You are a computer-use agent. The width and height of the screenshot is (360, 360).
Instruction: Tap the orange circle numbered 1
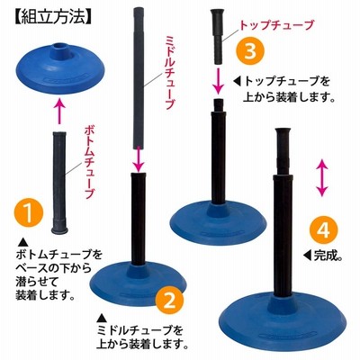coord(29,213)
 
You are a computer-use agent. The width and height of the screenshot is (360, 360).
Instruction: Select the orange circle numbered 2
coord(170,301)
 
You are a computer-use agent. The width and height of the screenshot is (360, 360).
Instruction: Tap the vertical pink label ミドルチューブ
coord(169,73)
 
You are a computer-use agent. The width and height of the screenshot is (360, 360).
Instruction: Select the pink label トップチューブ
coord(276,25)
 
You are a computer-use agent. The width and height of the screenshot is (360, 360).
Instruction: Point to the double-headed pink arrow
coord(321,178)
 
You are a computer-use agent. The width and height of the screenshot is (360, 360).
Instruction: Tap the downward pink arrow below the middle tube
coord(139,157)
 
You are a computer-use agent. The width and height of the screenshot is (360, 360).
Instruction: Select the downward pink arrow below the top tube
coord(220,81)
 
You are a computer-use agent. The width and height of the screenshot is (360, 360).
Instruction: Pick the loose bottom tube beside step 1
coord(59,183)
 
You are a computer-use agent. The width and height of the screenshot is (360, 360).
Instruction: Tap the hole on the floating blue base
coord(60,47)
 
